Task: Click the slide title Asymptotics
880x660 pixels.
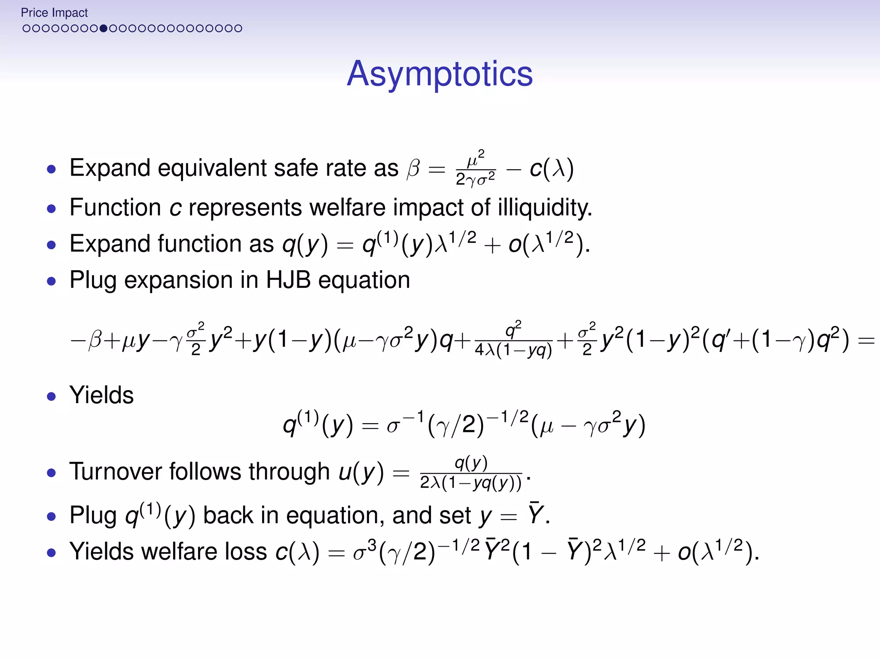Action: coord(440,74)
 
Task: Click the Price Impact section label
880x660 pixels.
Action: coord(54,13)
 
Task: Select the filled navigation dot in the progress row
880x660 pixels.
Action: coord(103,29)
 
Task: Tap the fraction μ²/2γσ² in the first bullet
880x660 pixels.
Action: coord(475,168)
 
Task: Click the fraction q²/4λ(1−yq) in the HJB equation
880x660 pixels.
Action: coord(513,340)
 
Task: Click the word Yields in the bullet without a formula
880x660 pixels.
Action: coord(101,395)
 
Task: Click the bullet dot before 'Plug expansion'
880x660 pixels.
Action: coord(52,281)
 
